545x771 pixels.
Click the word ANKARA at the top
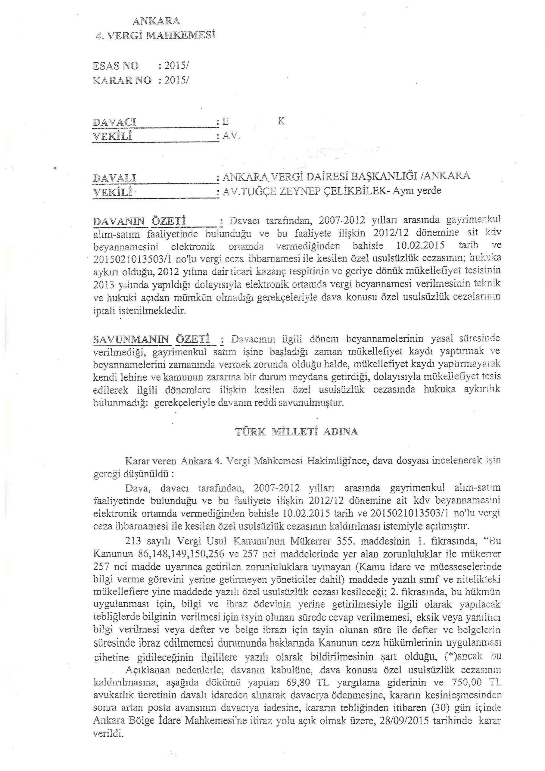(157, 21)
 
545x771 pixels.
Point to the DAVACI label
(114, 122)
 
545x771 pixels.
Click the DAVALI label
(114, 178)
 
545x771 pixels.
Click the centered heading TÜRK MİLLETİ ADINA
(297, 432)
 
